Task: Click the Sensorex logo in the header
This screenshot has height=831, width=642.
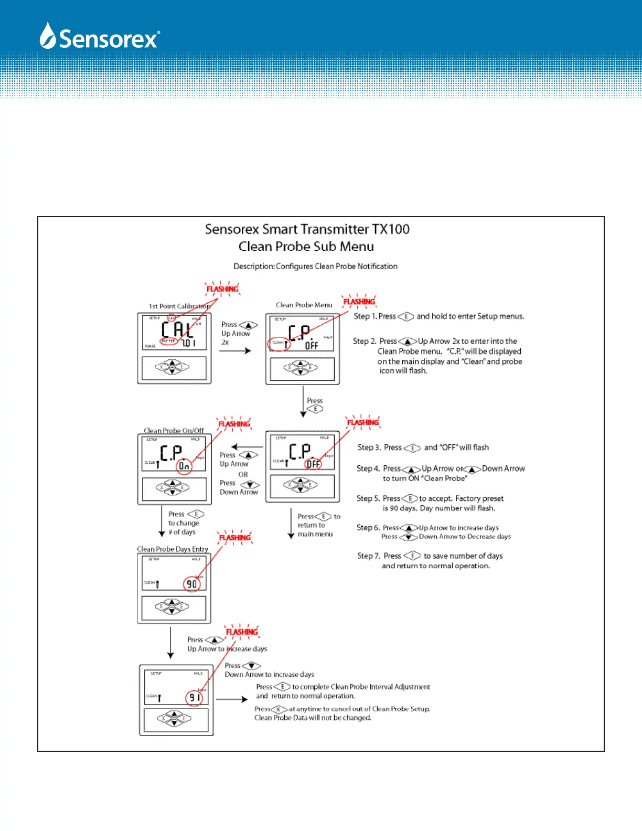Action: click(100, 37)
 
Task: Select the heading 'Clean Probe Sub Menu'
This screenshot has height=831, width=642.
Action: click(306, 247)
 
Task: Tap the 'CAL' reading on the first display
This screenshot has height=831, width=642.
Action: click(177, 330)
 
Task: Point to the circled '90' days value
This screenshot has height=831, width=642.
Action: click(192, 584)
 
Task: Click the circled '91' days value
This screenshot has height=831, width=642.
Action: click(194, 698)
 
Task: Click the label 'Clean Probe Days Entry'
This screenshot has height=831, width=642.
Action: click(173, 549)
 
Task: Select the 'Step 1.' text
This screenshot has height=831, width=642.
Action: click(365, 316)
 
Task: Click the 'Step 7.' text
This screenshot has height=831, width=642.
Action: click(369, 556)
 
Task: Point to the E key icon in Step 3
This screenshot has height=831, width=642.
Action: click(412, 448)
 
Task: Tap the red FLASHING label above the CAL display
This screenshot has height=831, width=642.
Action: click(222, 289)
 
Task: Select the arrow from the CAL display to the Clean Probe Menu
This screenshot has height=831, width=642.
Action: click(235, 350)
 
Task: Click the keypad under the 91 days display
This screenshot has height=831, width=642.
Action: click(175, 718)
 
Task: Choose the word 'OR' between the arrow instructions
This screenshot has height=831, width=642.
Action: click(243, 474)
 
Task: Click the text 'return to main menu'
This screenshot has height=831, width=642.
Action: click(315, 530)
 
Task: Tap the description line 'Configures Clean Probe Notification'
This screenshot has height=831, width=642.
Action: click(336, 267)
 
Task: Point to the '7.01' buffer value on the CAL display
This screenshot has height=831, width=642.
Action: click(189, 343)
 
